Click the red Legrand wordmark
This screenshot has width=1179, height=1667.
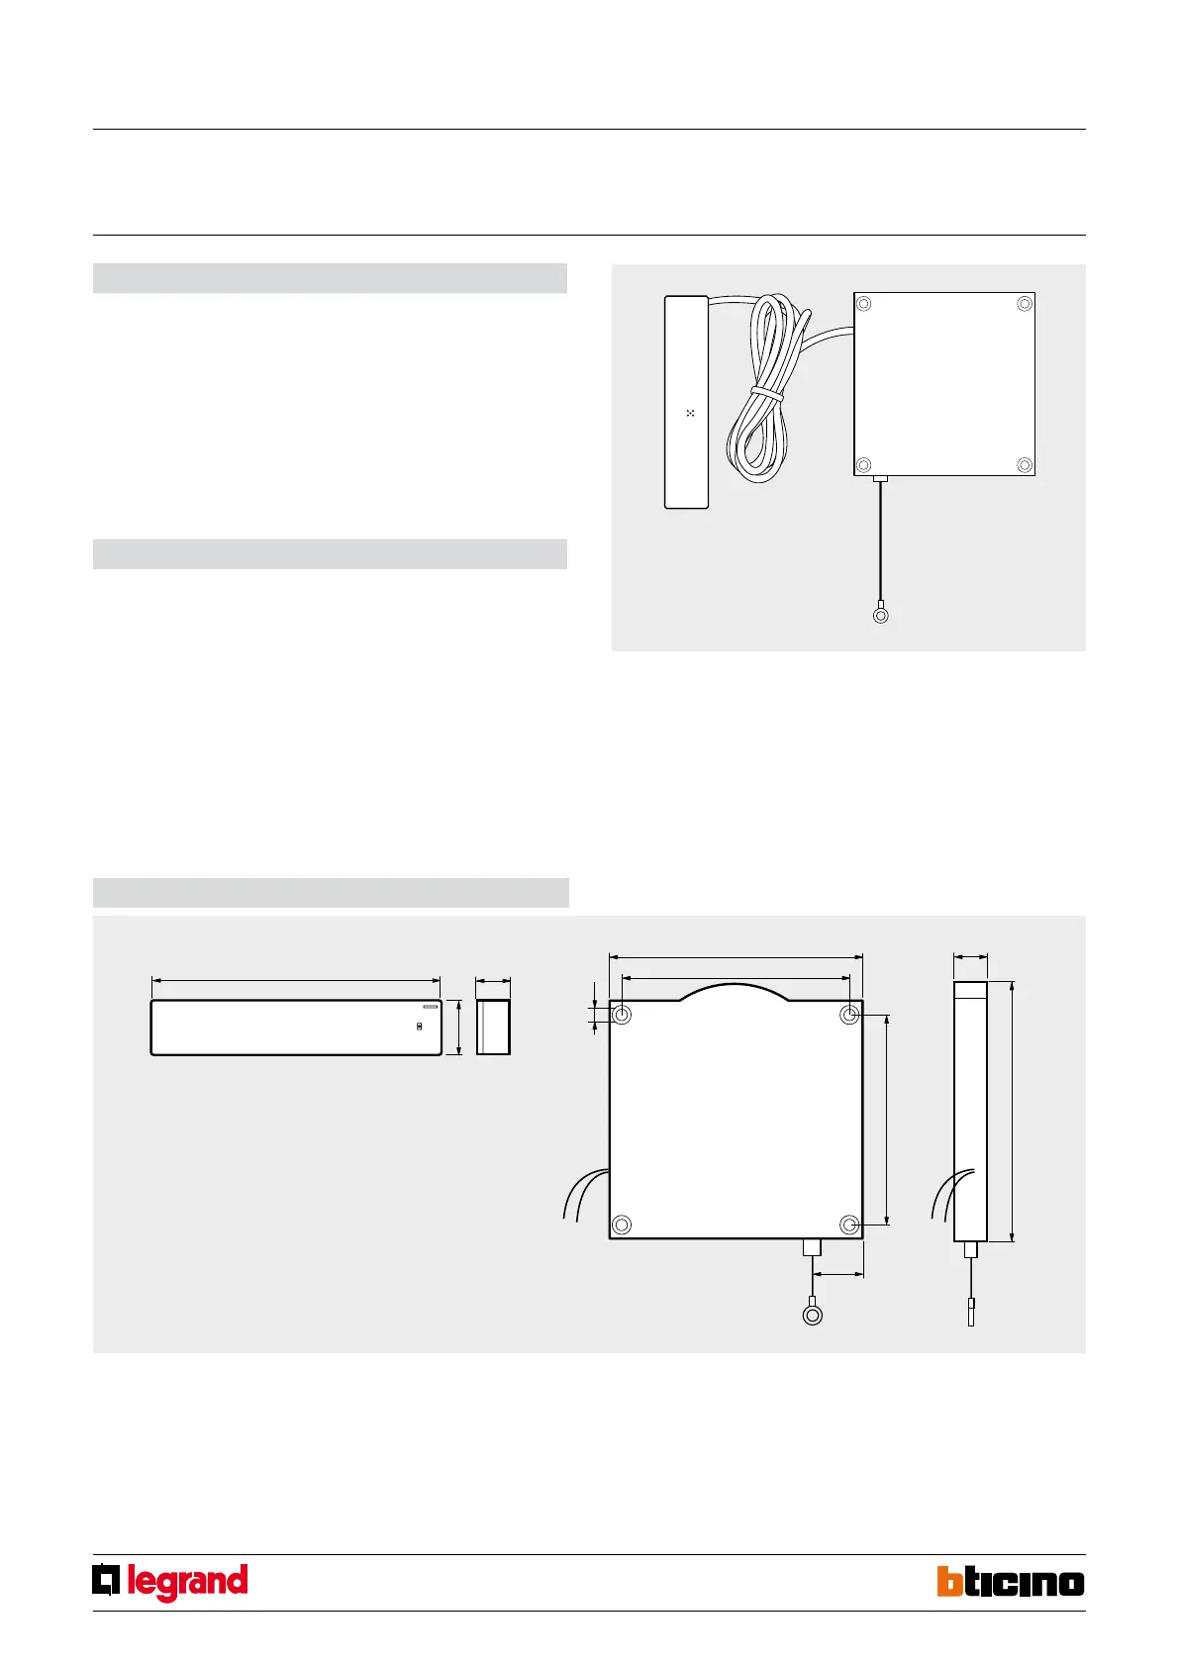click(x=187, y=1583)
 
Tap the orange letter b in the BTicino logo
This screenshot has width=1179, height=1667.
click(x=949, y=1582)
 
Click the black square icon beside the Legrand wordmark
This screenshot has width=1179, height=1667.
click(x=106, y=1581)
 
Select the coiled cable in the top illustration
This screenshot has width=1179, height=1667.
click(x=766, y=387)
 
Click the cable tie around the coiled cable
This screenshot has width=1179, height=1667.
click(x=767, y=392)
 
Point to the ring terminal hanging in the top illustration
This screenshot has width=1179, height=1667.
click(x=880, y=616)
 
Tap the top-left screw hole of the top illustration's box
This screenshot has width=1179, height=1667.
click(x=863, y=304)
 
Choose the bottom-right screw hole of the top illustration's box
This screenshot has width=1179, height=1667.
click(x=1025, y=465)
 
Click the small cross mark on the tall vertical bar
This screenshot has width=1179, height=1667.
click(x=690, y=413)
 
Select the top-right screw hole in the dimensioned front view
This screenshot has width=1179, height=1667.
click(x=849, y=1015)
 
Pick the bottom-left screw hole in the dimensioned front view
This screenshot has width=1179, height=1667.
click(x=622, y=1225)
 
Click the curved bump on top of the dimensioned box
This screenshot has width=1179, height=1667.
click(x=735, y=988)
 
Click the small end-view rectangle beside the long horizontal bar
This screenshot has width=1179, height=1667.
click(x=493, y=1027)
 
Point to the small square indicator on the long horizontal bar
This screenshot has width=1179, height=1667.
click(x=419, y=1027)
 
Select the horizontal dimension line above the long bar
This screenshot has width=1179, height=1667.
click(x=296, y=981)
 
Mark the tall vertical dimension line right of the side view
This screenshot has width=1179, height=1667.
click(x=1012, y=1111)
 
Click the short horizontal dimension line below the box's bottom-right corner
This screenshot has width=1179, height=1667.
click(x=838, y=1275)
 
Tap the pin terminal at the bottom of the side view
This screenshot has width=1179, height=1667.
click(x=970, y=1312)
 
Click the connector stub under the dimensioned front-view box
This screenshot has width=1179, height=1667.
click(x=812, y=1247)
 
